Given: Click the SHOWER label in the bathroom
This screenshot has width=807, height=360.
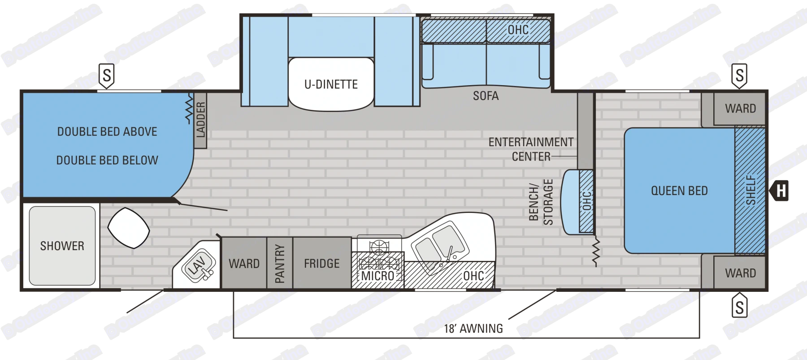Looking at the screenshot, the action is (x=62, y=246).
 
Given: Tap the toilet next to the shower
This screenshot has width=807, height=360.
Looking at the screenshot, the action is (x=128, y=228).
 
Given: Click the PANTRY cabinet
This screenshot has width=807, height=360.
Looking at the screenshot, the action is (x=280, y=263).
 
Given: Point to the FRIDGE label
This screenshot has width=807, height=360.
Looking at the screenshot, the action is (x=321, y=264).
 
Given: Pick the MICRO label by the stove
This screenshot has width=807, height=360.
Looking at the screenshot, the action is (x=377, y=276).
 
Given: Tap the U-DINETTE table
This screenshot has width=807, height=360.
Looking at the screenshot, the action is (x=331, y=84).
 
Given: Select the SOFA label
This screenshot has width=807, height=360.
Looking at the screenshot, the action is (x=486, y=96).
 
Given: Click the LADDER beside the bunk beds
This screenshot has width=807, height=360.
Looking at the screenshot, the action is (x=200, y=120).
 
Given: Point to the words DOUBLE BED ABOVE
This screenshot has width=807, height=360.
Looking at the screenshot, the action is (x=107, y=132).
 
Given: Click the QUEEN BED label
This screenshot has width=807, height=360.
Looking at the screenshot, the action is (x=679, y=191).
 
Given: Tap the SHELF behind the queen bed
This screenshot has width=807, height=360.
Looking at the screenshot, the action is (x=750, y=190).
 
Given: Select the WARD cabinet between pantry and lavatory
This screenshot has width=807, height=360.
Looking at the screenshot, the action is (x=244, y=264).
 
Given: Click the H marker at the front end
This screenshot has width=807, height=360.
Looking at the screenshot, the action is (x=781, y=191).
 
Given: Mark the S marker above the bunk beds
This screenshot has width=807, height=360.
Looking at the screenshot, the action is (x=107, y=75).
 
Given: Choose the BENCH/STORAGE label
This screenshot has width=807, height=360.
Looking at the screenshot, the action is (x=541, y=202).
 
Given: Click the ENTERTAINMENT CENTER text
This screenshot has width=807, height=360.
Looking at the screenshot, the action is (x=531, y=149).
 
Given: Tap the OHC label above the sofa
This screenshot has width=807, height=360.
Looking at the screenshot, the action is (x=518, y=30).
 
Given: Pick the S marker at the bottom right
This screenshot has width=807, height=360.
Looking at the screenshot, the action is (x=739, y=308).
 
